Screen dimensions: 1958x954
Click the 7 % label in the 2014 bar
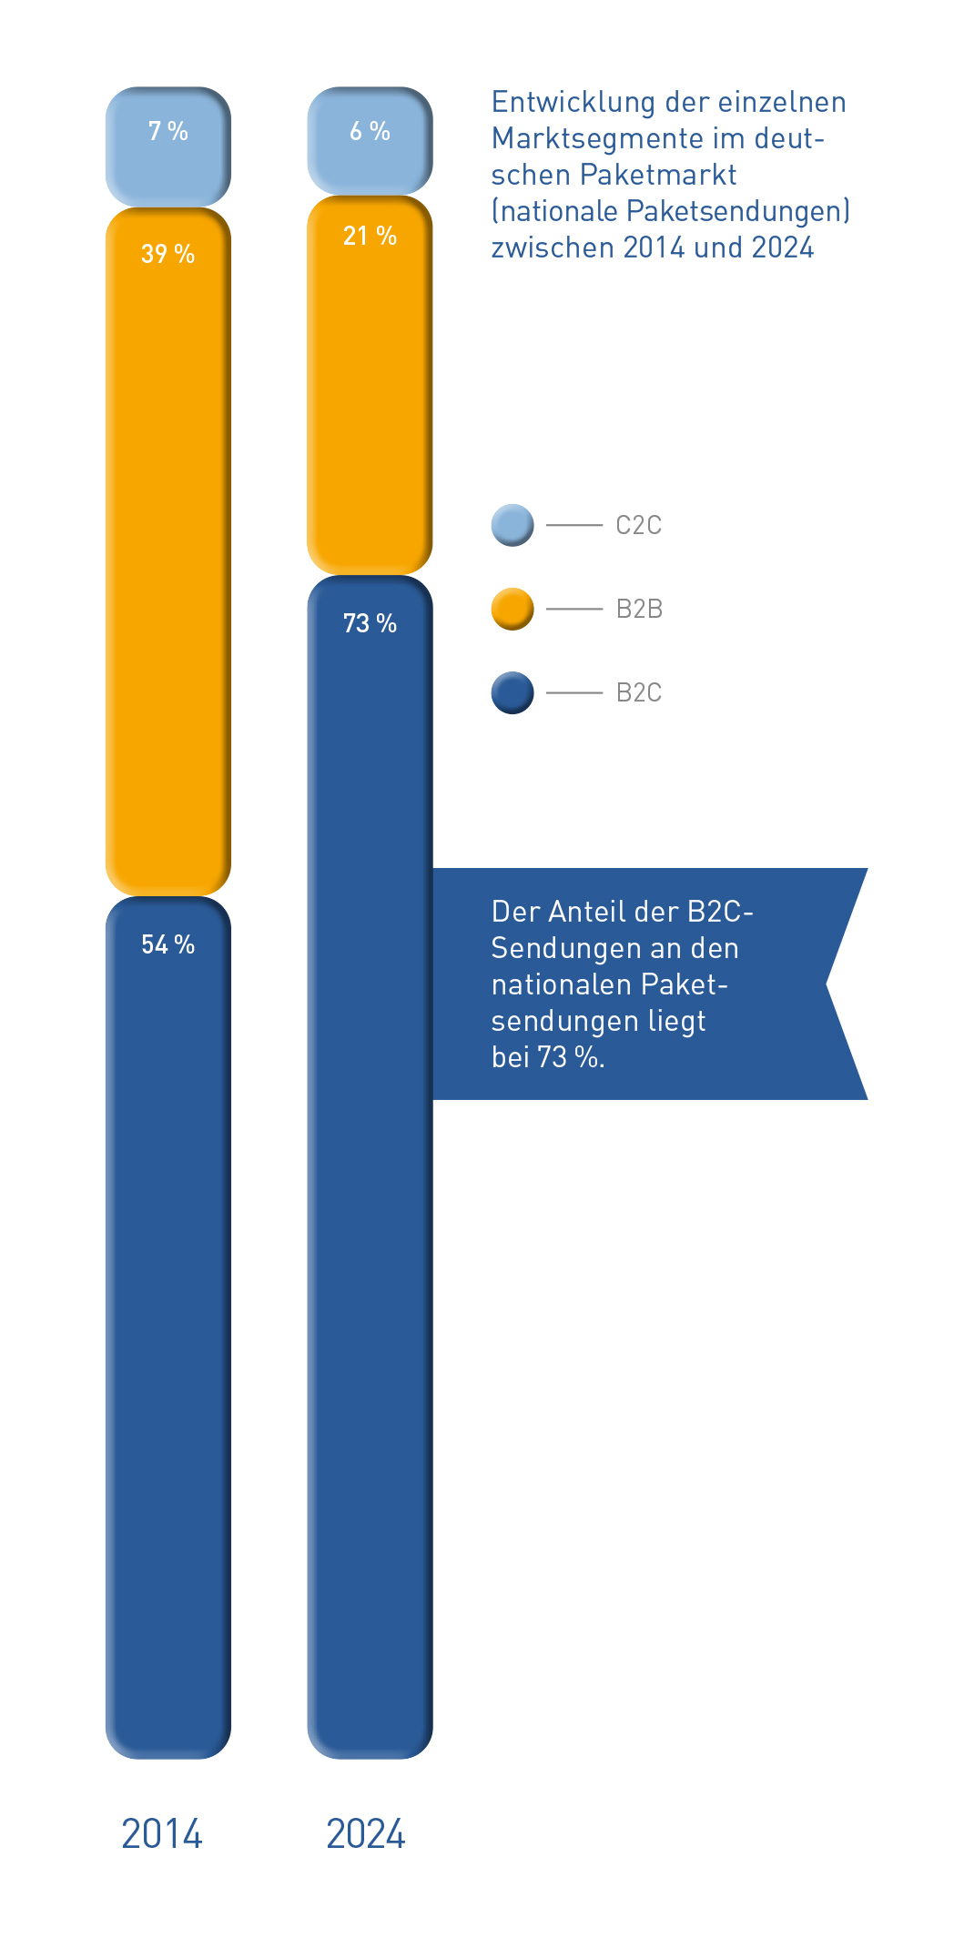[x=168, y=132]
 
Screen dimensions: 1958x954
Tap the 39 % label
[x=168, y=254]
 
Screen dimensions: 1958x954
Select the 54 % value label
[x=168, y=944]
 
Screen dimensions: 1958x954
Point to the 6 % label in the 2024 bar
[x=370, y=132]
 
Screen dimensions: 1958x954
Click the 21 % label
[x=370, y=237]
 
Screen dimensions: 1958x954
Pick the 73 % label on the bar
[x=370, y=623]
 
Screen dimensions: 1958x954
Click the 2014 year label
[x=162, y=1834]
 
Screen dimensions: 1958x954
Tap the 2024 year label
[x=366, y=1834]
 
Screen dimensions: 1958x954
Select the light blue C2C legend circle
[x=513, y=525]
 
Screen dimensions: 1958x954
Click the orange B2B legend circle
[x=513, y=609]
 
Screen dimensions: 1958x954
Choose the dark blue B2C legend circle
[x=513, y=692]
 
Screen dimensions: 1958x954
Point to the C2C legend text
[x=638, y=526]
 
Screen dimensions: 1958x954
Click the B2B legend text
[x=639, y=609]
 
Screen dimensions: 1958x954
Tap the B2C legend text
[x=638, y=693]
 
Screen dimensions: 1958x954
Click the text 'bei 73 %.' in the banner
[x=548, y=1057]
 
